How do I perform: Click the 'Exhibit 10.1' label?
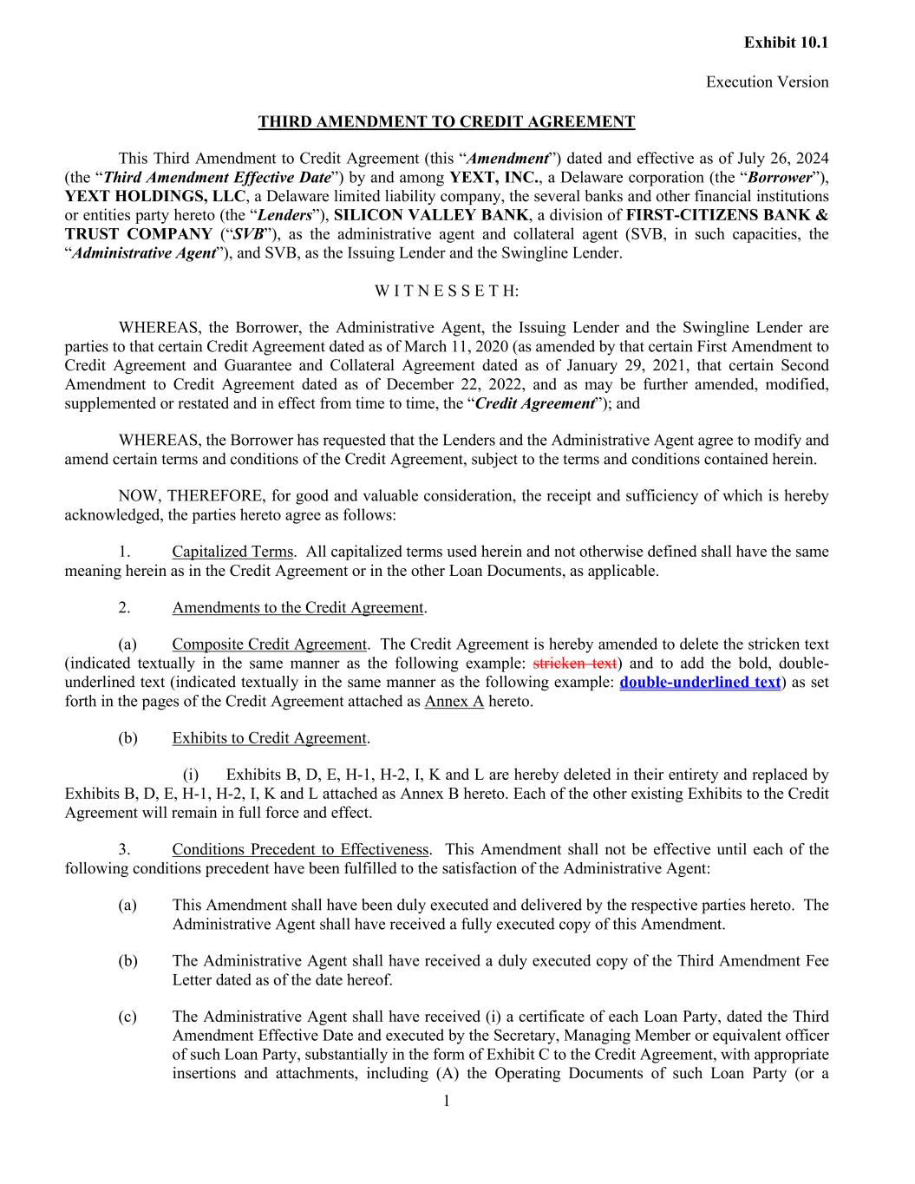pyautogui.click(x=786, y=43)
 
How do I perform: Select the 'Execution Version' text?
pyautogui.click(x=767, y=82)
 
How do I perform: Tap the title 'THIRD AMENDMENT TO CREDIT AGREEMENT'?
pyautogui.click(x=446, y=121)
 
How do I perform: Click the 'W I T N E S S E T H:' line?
pyautogui.click(x=447, y=291)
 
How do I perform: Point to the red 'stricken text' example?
pyautogui.click(x=574, y=664)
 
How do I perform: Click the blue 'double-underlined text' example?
pyautogui.click(x=700, y=682)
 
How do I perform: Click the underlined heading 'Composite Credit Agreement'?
pyautogui.click(x=269, y=644)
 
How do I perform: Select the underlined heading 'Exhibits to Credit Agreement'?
pyautogui.click(x=269, y=738)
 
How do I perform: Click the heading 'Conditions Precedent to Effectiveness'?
pyautogui.click(x=300, y=849)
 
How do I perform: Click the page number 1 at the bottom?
pyautogui.click(x=447, y=1102)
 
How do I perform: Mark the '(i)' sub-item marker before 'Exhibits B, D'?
pyautogui.click(x=190, y=775)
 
